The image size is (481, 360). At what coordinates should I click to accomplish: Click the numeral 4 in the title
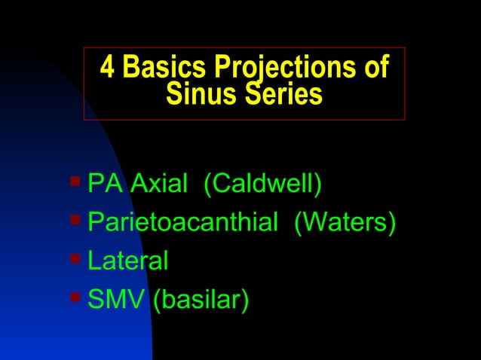point(108,68)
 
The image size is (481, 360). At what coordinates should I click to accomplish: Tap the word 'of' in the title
point(375,68)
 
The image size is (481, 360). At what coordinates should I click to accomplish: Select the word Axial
point(158,184)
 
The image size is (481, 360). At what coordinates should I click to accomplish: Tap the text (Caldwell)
point(263,185)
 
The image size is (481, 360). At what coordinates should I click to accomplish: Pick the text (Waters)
point(344,224)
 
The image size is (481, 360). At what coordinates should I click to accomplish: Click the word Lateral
point(128,262)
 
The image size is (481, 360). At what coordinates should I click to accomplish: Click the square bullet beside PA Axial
point(75,182)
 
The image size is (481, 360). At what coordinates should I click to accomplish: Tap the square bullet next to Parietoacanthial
point(75,221)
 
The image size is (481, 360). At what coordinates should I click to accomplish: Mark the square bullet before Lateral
point(75,260)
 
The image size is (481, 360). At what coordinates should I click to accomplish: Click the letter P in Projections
point(224,68)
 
